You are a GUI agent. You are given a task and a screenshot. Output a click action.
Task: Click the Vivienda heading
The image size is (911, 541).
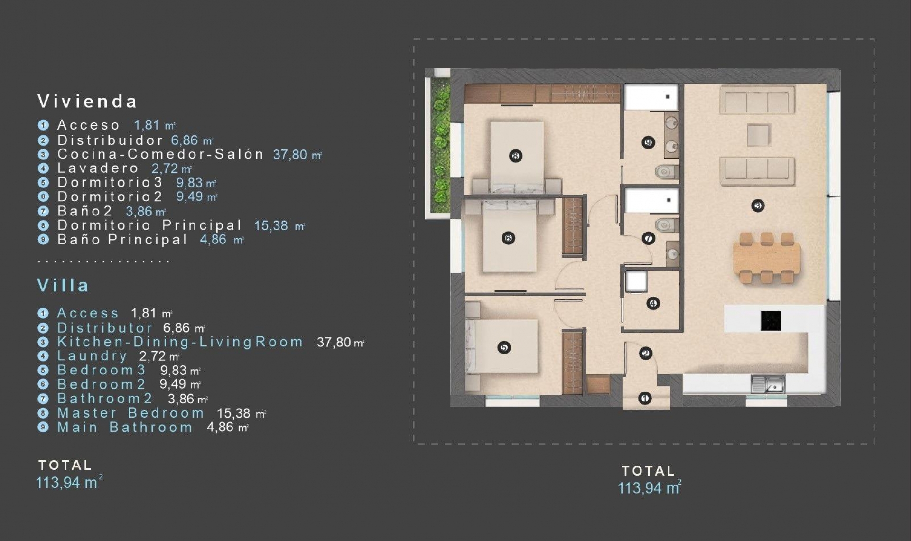pos(87,101)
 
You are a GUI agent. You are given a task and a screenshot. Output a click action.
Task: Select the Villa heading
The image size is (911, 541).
pos(63,285)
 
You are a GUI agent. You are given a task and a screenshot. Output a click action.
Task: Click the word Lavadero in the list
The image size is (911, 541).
pos(98,168)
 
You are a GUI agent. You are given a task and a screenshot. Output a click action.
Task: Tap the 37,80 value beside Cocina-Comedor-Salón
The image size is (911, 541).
pos(290,154)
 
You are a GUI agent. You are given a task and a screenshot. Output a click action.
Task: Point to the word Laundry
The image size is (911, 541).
pos(92,356)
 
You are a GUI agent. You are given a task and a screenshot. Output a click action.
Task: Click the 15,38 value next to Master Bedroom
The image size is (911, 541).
pos(233,413)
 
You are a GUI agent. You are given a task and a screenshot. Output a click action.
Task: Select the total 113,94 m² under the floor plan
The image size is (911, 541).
pos(649,488)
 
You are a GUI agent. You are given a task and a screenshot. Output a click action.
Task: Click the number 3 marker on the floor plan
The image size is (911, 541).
pos(758,205)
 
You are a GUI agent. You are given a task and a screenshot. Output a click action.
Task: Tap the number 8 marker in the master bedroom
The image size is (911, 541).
pos(515,156)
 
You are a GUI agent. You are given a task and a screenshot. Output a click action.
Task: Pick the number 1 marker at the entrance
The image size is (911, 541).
pos(644,398)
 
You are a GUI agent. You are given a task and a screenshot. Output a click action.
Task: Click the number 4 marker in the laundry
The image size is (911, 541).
pos(653,303)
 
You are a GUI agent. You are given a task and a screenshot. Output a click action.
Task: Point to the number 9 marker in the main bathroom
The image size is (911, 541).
pos(648,142)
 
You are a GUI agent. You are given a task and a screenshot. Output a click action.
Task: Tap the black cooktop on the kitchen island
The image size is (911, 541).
pos(771,320)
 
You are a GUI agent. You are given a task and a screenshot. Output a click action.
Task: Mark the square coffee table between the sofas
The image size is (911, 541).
pos(758,135)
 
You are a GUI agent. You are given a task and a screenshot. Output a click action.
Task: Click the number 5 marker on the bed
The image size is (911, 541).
pos(504,348)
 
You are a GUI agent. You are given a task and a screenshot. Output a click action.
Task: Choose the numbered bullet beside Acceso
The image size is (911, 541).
pos(43,125)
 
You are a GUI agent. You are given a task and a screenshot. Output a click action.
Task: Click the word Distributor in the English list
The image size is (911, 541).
pos(105,328)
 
